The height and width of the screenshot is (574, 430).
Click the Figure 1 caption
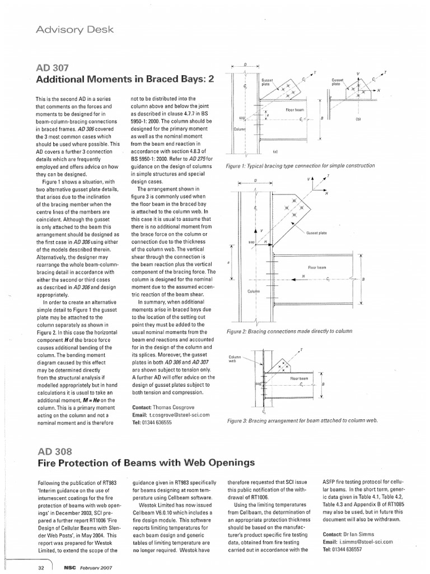300,166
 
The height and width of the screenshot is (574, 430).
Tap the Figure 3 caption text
302,420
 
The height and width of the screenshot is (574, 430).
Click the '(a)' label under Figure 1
275,151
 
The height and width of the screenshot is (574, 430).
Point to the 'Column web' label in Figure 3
235,359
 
